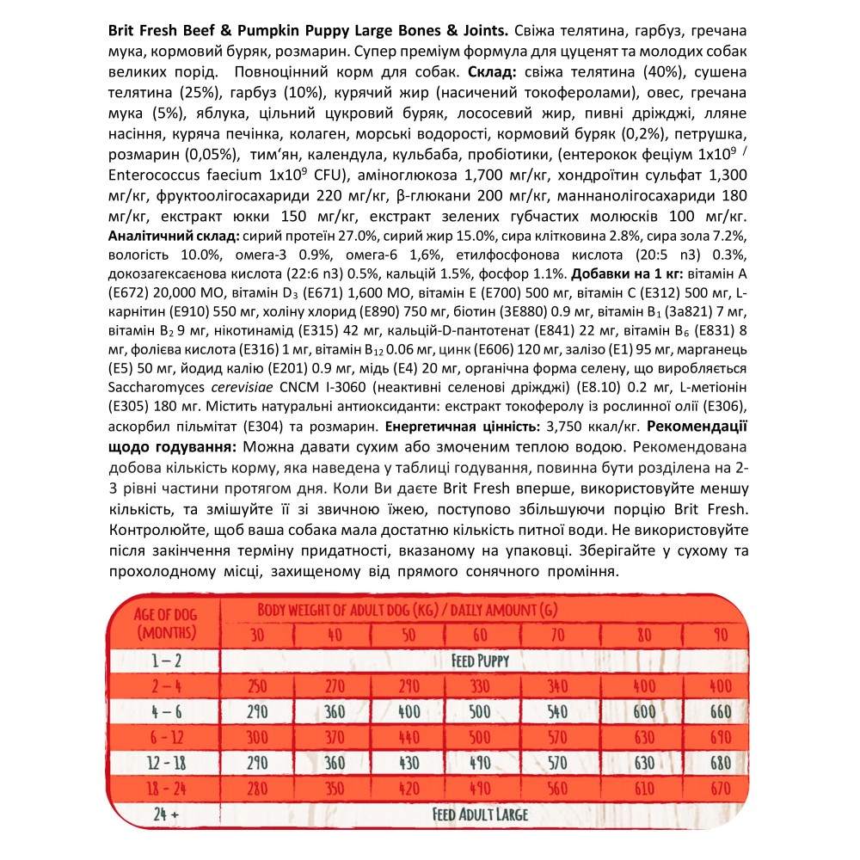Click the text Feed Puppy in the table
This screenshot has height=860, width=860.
pyautogui.click(x=480, y=661)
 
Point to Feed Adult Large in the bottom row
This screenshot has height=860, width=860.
pyautogui.click(x=480, y=814)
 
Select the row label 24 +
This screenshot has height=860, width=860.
pyautogui.click(x=159, y=814)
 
